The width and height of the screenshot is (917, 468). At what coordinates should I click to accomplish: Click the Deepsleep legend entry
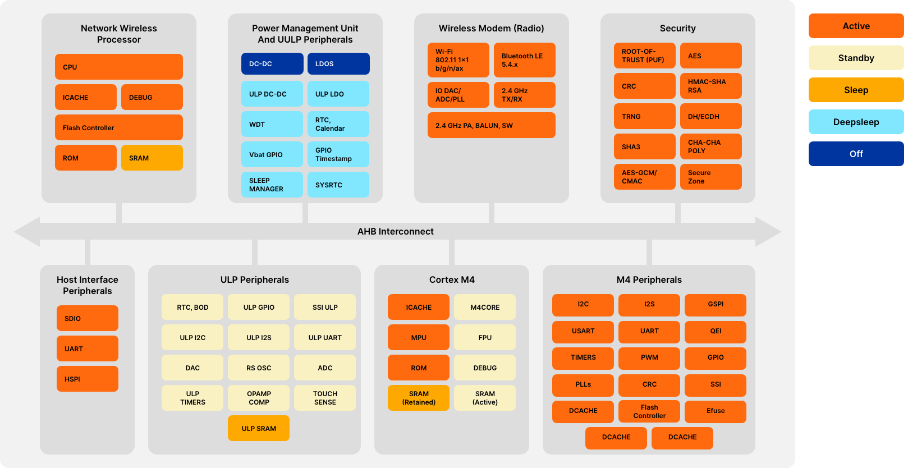coord(856,122)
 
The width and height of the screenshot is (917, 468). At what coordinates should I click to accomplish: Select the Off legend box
coord(856,154)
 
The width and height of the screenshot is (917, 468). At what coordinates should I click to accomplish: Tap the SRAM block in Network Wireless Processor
coord(152,158)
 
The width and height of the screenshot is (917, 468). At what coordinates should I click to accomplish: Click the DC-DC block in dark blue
coord(272,64)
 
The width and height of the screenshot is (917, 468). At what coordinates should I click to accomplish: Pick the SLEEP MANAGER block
coord(272,185)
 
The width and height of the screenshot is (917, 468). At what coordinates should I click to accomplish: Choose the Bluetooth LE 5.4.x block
coord(524,60)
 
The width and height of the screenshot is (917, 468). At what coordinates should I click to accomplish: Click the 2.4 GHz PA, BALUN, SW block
coord(491,125)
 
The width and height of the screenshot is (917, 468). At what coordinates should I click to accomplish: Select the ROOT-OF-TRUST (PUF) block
coord(644,56)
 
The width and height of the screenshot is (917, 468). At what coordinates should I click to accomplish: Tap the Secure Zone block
coord(710,177)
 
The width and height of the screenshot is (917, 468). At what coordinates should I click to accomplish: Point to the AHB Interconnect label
coord(395,231)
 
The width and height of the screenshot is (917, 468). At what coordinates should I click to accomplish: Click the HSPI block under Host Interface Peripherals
coord(87,379)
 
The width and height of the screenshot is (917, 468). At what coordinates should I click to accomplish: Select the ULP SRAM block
coord(259,428)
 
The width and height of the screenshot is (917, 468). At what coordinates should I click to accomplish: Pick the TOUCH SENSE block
coord(325,398)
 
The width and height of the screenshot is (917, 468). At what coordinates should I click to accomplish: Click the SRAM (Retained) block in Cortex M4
coord(419,398)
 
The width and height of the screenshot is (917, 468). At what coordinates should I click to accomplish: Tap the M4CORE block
coord(485,307)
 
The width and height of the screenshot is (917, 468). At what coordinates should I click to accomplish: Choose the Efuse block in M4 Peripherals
coord(716,411)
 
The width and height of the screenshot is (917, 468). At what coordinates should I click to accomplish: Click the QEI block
coord(716,331)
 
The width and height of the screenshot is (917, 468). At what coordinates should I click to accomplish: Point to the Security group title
coord(677,28)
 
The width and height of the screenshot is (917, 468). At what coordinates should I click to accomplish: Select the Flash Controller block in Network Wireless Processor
coord(118,127)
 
